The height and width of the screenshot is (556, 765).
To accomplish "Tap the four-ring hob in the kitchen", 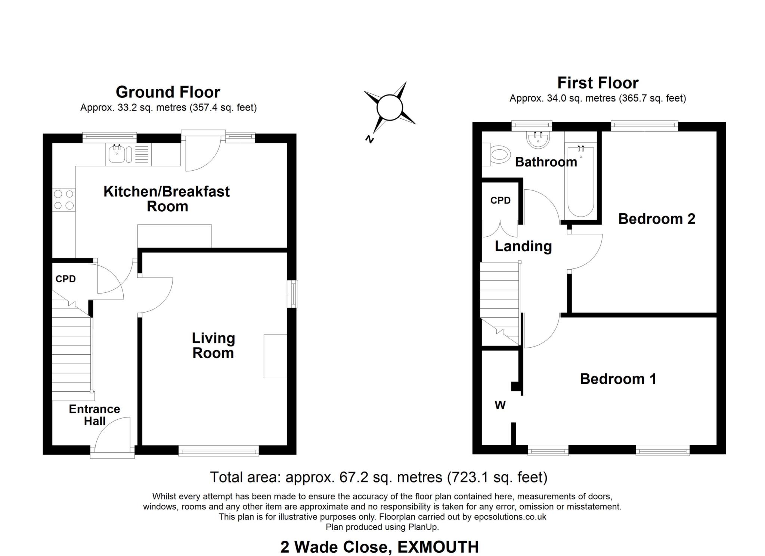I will [x=64, y=200].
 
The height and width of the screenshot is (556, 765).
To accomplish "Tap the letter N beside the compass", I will [x=369, y=139].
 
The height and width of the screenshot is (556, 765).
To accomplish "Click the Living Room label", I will [x=213, y=345].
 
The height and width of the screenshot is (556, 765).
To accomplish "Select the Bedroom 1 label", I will [x=618, y=379].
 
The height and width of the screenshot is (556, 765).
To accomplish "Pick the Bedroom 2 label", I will [x=657, y=219].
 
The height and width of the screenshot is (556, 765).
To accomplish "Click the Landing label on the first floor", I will [x=523, y=246].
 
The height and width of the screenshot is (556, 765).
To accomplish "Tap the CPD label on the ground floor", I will [x=66, y=279].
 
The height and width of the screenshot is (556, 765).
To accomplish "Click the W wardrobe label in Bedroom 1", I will [x=500, y=405].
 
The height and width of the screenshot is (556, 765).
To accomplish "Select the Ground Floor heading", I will [x=168, y=92].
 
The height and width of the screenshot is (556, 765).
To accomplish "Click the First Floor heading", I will [x=598, y=83].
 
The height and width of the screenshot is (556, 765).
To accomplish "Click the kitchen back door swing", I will [x=202, y=153].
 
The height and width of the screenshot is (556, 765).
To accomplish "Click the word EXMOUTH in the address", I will [x=438, y=547].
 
